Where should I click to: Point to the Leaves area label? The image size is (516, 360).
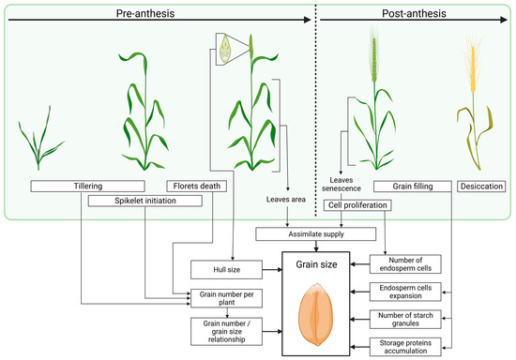287,200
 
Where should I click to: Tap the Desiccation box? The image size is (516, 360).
482,185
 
